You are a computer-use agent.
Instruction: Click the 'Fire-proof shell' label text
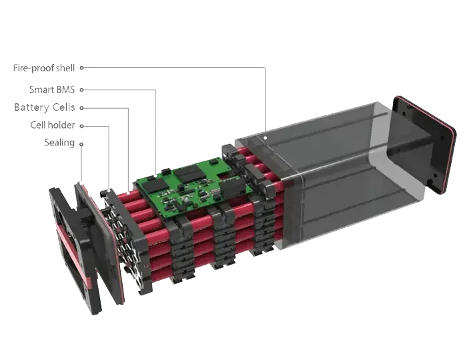[x=44, y=69]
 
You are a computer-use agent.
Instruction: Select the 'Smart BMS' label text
[x=52, y=89]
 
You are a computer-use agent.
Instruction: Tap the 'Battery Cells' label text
[x=44, y=107]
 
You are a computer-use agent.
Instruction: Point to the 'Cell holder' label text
[x=51, y=125]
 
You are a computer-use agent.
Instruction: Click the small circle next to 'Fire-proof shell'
[x=82, y=68]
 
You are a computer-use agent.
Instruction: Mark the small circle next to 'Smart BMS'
[x=82, y=89]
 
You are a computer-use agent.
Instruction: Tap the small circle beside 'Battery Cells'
[x=82, y=107]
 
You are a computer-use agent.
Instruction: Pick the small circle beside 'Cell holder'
[x=82, y=125]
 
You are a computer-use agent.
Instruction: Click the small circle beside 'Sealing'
[x=82, y=143]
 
